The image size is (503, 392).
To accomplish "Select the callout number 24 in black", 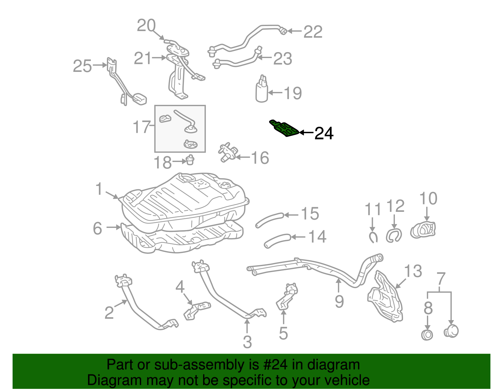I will click(x=324, y=133).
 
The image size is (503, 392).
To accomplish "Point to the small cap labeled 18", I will click(x=190, y=160).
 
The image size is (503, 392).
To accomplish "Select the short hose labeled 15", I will click(x=270, y=219).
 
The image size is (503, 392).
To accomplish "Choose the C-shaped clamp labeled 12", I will click(x=394, y=235).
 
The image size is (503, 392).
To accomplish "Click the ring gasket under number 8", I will click(x=427, y=335).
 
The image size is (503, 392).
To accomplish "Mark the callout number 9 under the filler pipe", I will click(x=339, y=302).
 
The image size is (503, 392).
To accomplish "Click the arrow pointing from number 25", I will click(x=100, y=65).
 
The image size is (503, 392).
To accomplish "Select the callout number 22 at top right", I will click(x=313, y=32).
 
